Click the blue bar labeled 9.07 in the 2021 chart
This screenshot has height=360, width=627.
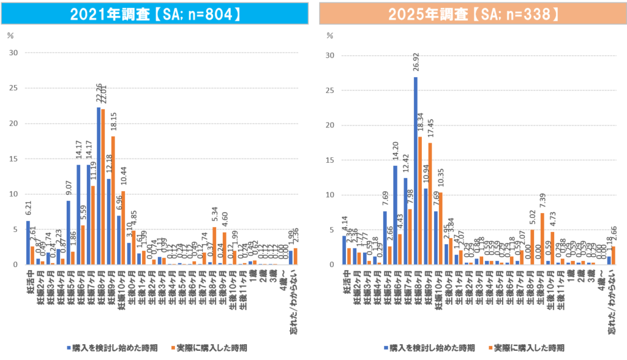[68, 232]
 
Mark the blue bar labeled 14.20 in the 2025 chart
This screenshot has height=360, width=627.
[395, 215]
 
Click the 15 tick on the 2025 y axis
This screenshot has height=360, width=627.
[331, 160]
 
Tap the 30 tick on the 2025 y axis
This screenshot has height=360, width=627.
[331, 55]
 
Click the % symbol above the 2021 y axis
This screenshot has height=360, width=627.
[10, 35]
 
